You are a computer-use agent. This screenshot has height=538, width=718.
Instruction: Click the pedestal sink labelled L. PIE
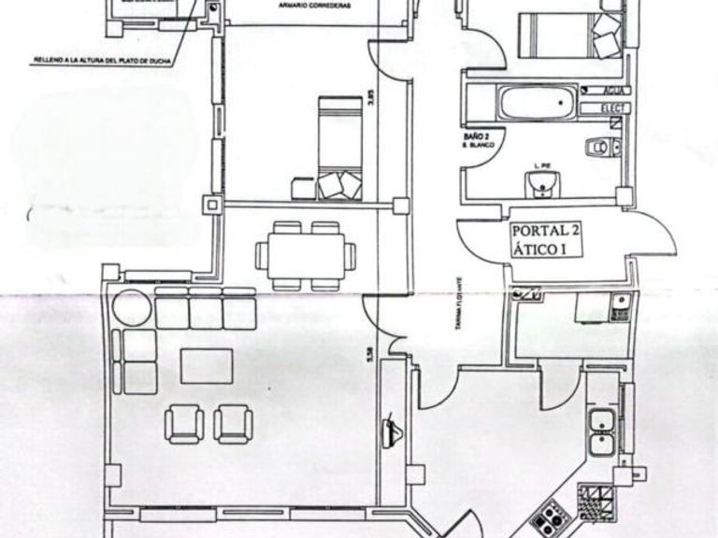pyautogui.click(x=539, y=187)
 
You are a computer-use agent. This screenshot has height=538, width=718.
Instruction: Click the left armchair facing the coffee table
pyautogui.click(x=182, y=422)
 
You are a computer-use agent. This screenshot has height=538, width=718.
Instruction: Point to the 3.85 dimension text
pyautogui.click(x=371, y=99)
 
